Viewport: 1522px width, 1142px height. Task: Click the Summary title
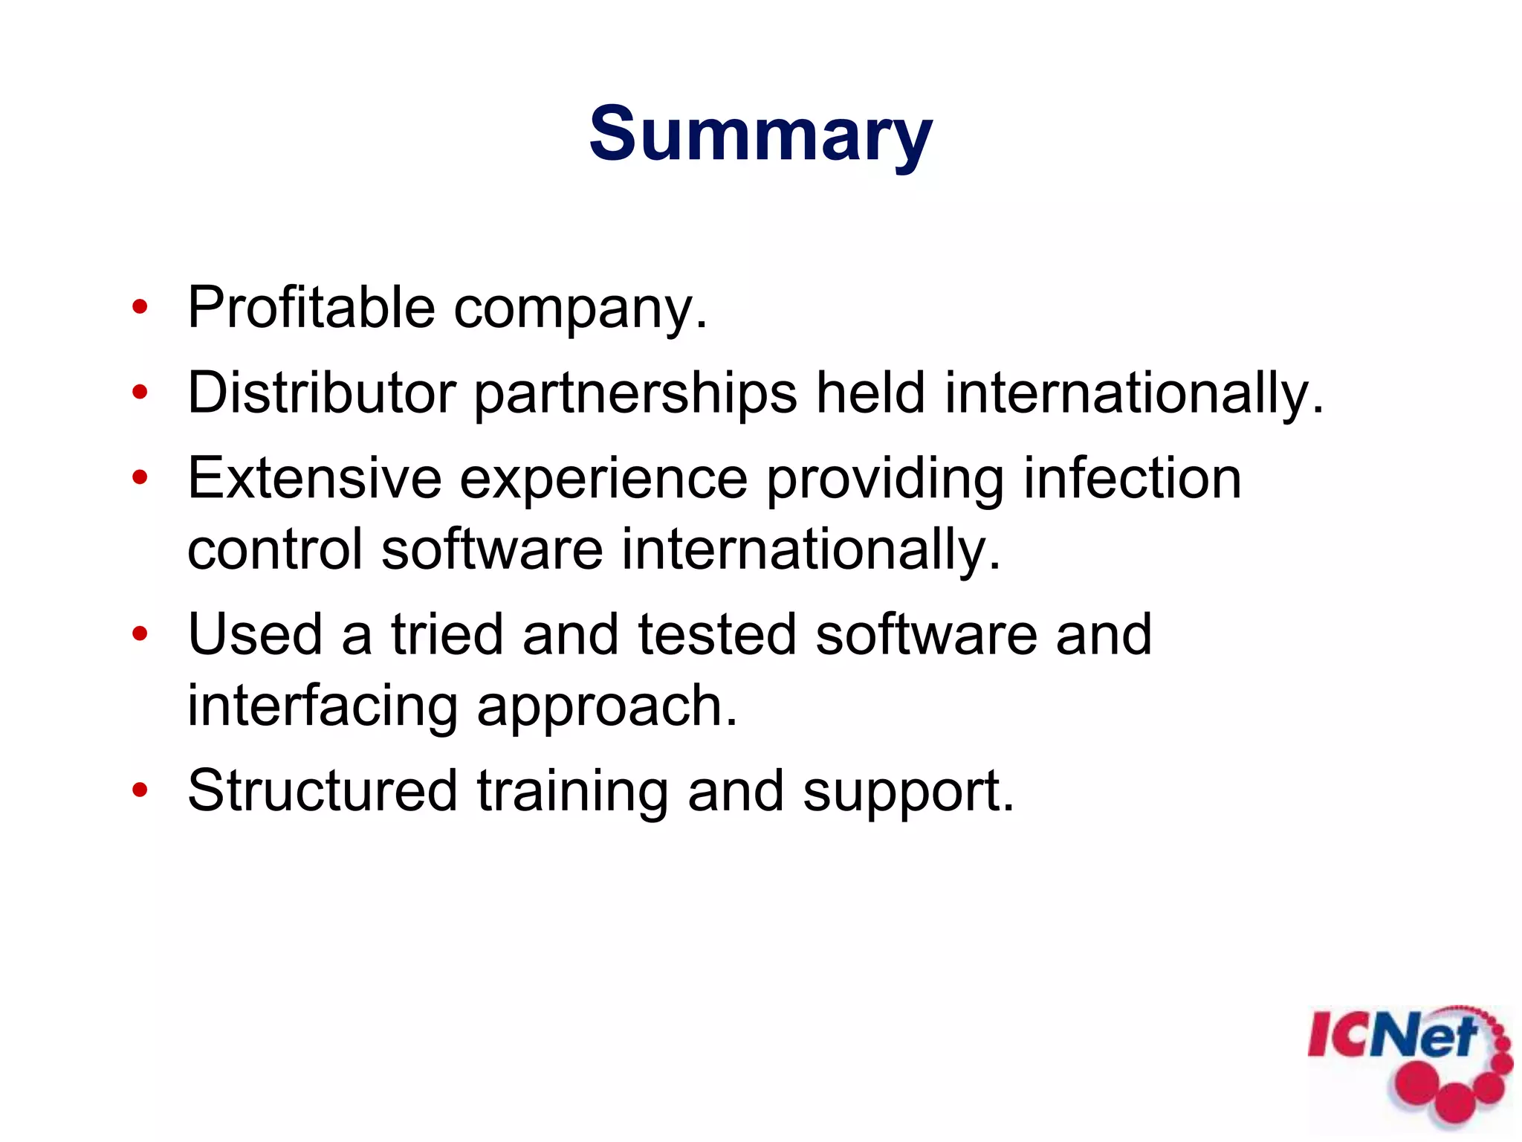(760, 135)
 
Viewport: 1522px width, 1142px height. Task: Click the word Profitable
(311, 308)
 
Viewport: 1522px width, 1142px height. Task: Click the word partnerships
(635, 395)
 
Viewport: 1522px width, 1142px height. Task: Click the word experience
(603, 480)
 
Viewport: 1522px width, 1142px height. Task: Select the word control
(275, 549)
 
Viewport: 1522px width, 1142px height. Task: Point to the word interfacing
(322, 706)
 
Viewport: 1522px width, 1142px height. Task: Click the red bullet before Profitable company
(140, 307)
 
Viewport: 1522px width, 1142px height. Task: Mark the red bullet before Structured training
(140, 790)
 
